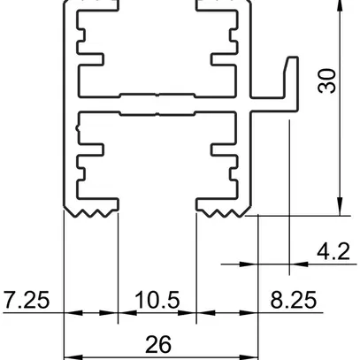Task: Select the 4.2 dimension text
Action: click(x=334, y=253)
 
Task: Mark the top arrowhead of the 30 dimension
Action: click(x=341, y=5)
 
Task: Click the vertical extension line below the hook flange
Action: click(x=290, y=177)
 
